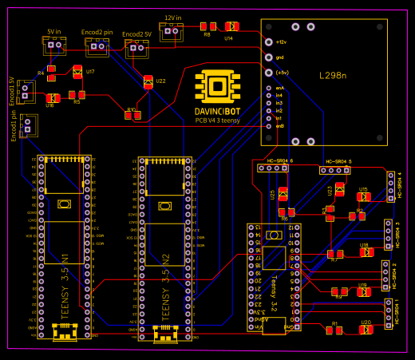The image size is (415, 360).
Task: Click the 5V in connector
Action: point(53,46)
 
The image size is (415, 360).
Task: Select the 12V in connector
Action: point(171,31)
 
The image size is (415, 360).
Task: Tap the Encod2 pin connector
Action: point(97,49)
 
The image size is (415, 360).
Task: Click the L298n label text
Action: point(333,76)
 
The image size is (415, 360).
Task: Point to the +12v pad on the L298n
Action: point(268,42)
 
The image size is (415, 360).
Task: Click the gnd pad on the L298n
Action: point(268,57)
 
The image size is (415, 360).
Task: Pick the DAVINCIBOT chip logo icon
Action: point(216,87)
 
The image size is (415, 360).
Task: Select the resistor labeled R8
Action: point(207,26)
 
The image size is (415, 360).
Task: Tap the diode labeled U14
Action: point(231,26)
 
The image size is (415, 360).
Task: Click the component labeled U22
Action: point(148,81)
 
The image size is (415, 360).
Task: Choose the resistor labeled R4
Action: point(52,73)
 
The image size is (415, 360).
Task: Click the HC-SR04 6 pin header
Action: point(274,168)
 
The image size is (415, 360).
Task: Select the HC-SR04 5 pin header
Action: point(334,170)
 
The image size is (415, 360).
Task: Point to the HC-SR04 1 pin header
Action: point(390,312)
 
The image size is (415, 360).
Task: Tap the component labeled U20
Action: point(366,330)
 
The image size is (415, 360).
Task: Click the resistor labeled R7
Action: point(334,254)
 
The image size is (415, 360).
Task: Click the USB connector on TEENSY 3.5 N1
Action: point(65,332)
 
